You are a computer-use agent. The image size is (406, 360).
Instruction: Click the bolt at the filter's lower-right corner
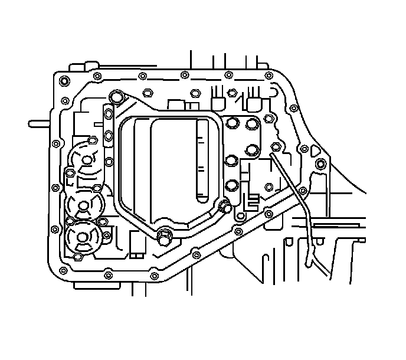(x=224, y=207)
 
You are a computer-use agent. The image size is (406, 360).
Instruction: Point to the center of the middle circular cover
(x=83, y=205)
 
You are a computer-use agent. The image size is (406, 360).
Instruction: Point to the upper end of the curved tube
(x=273, y=154)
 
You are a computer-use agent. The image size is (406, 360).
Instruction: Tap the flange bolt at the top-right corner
(x=269, y=75)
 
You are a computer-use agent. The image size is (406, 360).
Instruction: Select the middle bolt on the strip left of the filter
(x=108, y=137)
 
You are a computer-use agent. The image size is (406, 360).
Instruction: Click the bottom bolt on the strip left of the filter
(x=107, y=161)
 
